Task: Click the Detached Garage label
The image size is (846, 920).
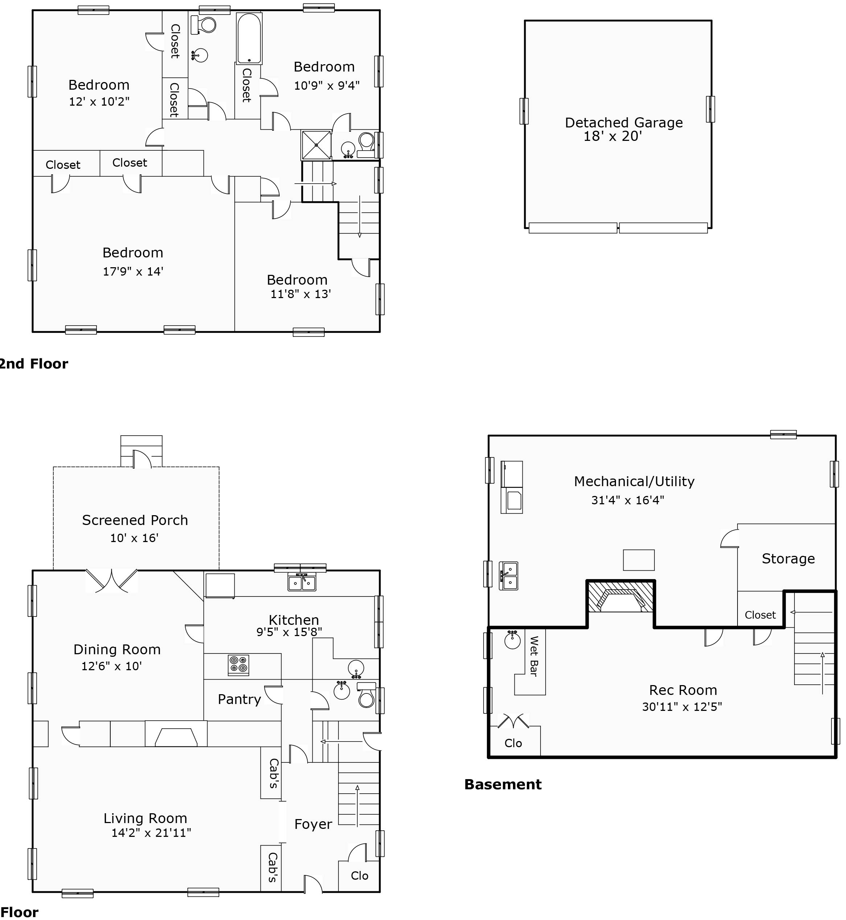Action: (x=624, y=122)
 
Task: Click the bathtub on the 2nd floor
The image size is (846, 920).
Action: (x=249, y=38)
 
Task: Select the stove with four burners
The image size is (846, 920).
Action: (x=238, y=665)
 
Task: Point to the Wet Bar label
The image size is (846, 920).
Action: (x=533, y=656)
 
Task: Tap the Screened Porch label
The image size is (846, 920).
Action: (x=135, y=520)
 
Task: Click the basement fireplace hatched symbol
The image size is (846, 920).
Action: (x=620, y=597)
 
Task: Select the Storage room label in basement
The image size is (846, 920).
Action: (x=788, y=558)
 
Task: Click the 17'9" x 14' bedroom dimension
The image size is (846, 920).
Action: (x=133, y=271)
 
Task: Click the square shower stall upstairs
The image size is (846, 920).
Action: (x=316, y=145)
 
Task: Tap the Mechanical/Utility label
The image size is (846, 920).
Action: (x=634, y=481)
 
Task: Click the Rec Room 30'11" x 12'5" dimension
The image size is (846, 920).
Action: (x=682, y=707)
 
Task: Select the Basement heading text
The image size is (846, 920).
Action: (x=503, y=784)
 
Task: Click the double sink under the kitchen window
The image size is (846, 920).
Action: (x=302, y=582)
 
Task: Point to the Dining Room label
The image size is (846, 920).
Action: (x=117, y=649)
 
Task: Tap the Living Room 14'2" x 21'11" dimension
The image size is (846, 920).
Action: (x=151, y=833)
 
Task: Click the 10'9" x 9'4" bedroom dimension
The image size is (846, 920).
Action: (x=327, y=85)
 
